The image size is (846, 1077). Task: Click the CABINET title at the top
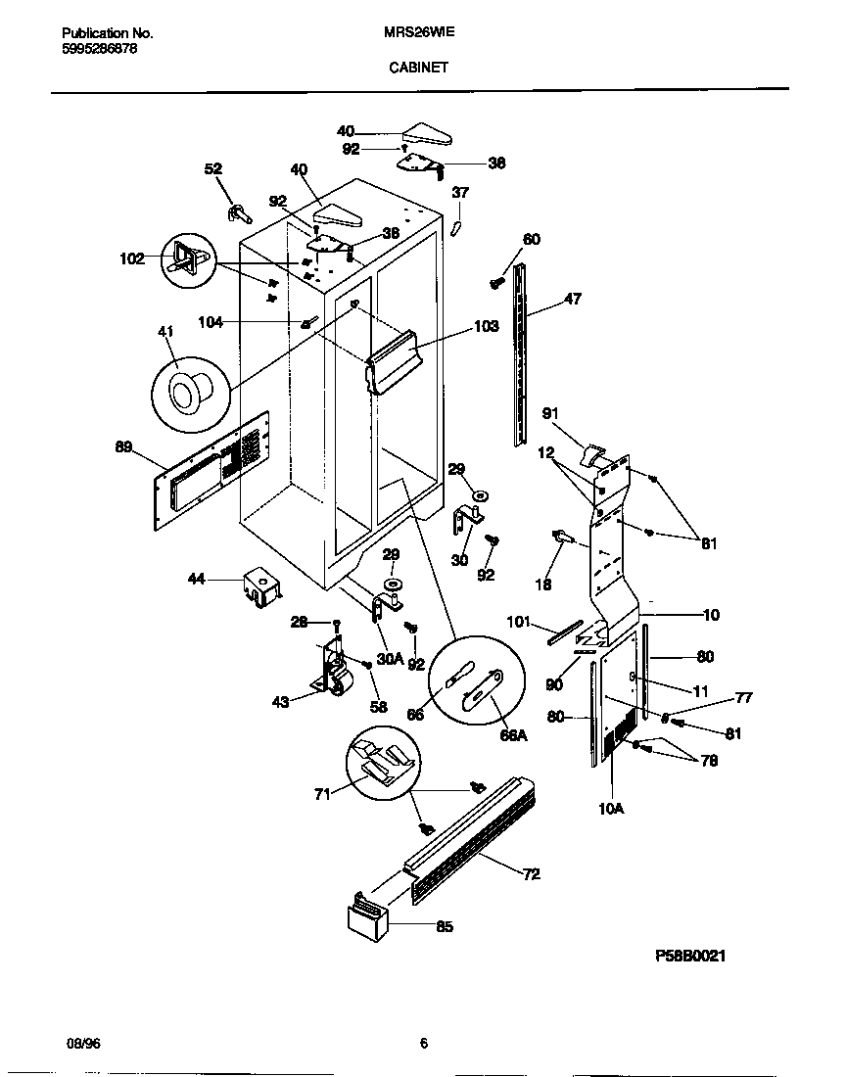pos(419,68)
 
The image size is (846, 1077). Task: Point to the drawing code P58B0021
pos(690,957)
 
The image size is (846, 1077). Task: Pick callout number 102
pos(131,259)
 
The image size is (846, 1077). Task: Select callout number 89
pos(123,447)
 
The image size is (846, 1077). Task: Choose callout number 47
pos(573,300)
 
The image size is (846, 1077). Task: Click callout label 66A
pos(512,735)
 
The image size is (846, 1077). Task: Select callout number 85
pos(445,926)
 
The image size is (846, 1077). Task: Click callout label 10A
pos(612,808)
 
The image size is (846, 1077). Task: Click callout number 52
pos(212,169)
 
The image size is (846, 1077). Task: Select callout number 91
pos(551,413)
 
